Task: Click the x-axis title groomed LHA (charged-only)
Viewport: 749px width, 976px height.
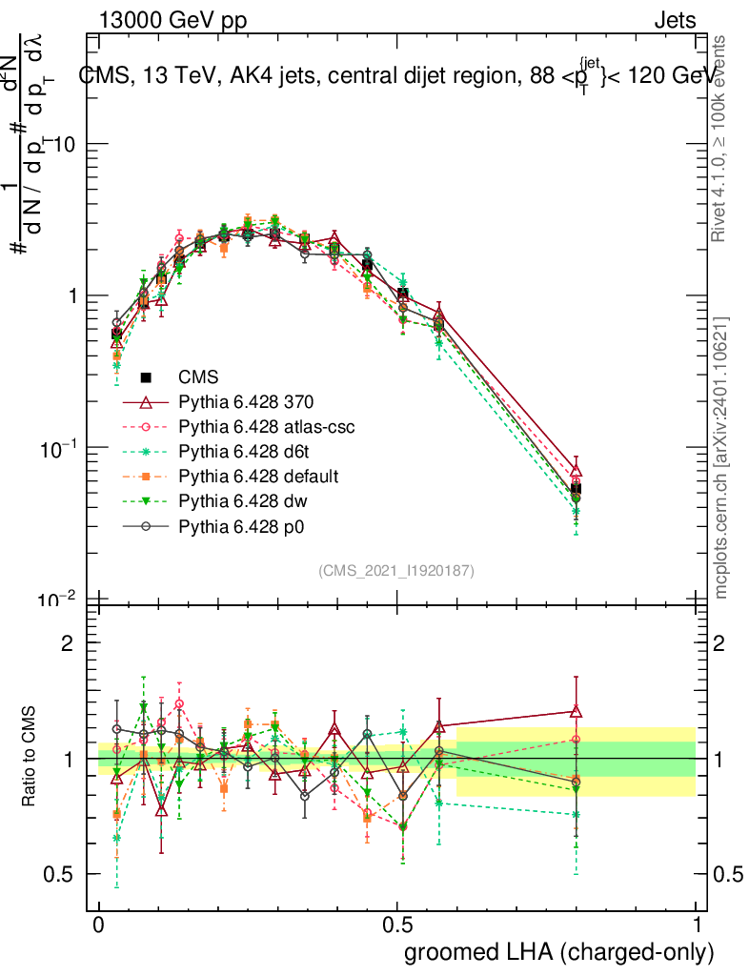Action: click(x=559, y=952)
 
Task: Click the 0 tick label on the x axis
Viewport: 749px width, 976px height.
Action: click(x=99, y=925)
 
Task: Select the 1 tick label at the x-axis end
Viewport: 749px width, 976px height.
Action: click(x=697, y=925)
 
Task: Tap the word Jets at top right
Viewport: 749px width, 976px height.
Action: click(x=675, y=20)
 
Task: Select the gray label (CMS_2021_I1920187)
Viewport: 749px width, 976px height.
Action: click(x=396, y=570)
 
